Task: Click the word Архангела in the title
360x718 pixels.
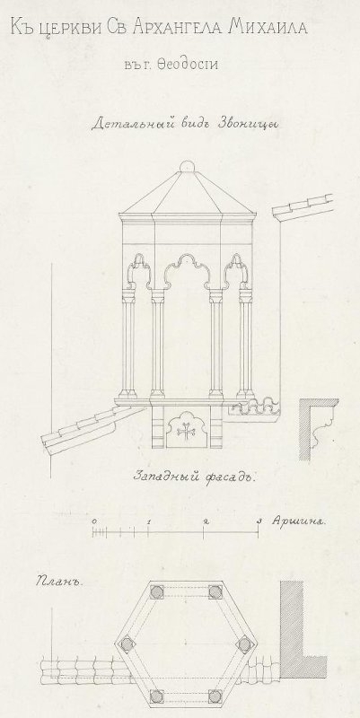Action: (175, 27)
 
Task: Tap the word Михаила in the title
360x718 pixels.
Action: (268, 27)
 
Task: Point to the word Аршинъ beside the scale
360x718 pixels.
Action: (298, 521)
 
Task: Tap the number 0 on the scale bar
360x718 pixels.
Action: (94, 521)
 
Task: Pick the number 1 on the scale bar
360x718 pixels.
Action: (149, 521)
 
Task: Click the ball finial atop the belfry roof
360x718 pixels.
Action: (187, 166)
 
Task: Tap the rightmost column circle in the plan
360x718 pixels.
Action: (244, 644)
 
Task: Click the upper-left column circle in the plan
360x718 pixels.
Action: (157, 591)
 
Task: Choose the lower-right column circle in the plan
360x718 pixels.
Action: (215, 696)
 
